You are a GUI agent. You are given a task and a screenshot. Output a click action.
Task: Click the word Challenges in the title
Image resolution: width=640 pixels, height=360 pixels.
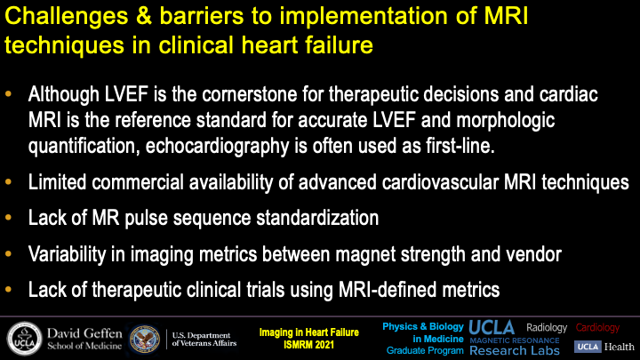click(x=67, y=17)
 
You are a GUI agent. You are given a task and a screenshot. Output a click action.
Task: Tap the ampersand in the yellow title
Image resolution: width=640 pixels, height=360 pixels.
click(x=144, y=16)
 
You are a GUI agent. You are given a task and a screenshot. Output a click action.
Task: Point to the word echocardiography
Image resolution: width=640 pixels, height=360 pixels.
click(x=217, y=147)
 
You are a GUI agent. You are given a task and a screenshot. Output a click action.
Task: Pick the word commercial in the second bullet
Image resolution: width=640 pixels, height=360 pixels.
click(x=137, y=182)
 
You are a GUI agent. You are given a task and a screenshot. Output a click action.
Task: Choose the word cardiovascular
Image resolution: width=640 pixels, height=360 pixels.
click(x=440, y=182)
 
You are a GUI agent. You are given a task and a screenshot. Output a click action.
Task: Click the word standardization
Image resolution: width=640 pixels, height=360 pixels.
click(x=317, y=218)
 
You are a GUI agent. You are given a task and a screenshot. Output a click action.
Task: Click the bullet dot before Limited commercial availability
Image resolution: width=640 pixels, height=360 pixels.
click(x=8, y=182)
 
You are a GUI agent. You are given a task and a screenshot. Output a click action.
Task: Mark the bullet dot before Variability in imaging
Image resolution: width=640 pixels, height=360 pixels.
click(x=8, y=254)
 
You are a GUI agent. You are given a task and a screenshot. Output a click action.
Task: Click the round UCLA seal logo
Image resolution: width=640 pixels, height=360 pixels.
click(x=25, y=340)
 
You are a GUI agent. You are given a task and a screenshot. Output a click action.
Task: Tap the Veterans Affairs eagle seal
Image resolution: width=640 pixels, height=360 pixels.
click(x=145, y=340)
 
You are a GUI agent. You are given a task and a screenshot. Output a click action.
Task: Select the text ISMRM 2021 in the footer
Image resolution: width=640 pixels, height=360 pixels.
click(x=309, y=345)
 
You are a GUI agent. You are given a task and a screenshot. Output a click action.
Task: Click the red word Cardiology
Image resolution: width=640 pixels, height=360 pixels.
click(x=597, y=327)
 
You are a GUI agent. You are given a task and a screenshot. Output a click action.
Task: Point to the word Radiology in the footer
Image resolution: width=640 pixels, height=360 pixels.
click(x=547, y=327)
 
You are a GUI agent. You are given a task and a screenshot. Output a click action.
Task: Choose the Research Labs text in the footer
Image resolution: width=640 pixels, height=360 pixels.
click(x=515, y=350)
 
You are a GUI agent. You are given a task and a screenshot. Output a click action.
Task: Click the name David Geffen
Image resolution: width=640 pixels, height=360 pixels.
click(x=84, y=333)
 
